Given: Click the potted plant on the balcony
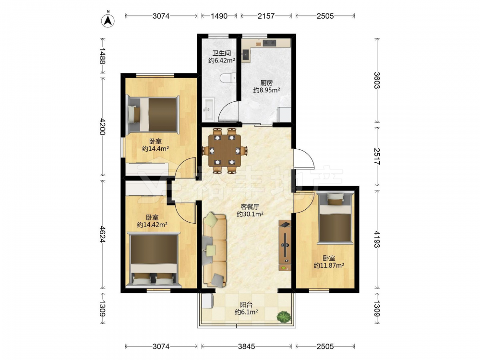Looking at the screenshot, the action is (284, 316).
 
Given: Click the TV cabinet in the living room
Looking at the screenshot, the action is (285, 245).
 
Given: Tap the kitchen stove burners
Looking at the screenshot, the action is (269, 43).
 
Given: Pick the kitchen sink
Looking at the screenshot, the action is (245, 55).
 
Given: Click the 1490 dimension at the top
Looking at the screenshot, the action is (219, 16).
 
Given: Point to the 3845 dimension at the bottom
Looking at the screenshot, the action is (246, 346).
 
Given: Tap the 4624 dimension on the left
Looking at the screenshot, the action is (102, 235).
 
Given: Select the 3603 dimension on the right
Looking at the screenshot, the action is (377, 80).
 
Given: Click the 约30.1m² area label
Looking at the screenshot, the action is (250, 214).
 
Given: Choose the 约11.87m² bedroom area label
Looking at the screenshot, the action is (329, 265).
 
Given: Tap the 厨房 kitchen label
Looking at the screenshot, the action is (266, 83).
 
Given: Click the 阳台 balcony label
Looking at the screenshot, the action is (246, 305).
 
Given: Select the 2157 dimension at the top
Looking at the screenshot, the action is (266, 16).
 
